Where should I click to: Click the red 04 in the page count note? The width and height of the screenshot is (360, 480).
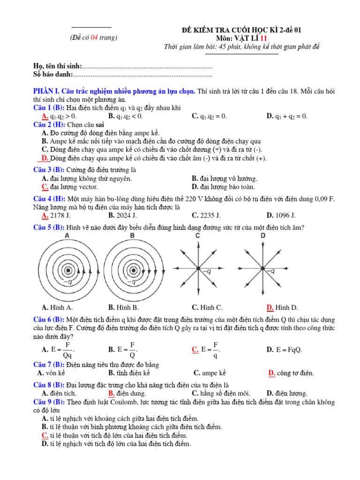click(95, 37)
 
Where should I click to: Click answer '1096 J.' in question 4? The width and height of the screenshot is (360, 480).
click(285, 215)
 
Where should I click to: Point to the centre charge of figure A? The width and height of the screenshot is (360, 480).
click(68, 270)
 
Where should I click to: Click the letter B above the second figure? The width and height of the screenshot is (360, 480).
click(132, 235)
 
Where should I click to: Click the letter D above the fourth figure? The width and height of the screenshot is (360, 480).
click(263, 235)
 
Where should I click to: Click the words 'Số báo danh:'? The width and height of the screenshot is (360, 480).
click(53, 74)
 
